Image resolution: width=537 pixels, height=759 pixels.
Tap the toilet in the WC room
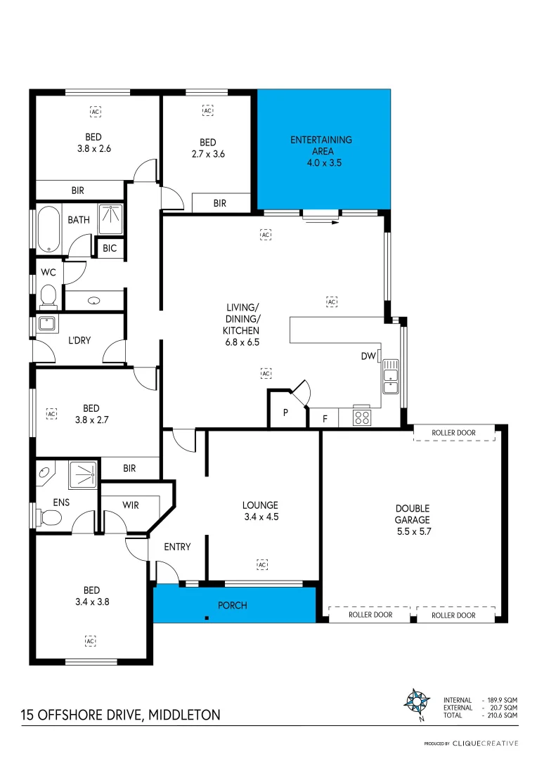[48, 295]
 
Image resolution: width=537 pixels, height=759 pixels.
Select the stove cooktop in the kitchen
[361, 417]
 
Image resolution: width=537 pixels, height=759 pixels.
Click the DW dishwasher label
[368, 356]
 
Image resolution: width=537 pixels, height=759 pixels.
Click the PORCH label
[233, 605]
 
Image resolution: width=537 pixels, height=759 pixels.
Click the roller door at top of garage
[453, 433]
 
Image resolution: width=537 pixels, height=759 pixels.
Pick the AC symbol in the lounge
[262, 564]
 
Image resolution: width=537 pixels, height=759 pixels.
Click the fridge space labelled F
[324, 419]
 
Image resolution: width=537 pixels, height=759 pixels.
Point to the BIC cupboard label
[110, 248]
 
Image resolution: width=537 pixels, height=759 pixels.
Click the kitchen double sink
[390, 375]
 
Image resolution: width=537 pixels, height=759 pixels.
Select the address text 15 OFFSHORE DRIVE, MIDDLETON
[120, 715]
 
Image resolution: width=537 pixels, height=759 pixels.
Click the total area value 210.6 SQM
[503, 715]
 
